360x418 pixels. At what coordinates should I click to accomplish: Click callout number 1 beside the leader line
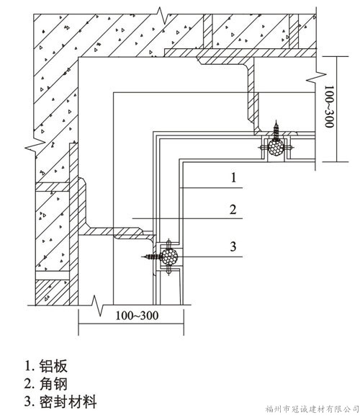233,177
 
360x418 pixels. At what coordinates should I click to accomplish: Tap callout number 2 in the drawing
233,210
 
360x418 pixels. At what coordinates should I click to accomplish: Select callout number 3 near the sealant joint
233,246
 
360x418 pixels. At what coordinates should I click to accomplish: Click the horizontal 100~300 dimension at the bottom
137,316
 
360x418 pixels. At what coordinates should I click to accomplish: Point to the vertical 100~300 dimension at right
329,107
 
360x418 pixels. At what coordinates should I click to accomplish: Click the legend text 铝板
53,366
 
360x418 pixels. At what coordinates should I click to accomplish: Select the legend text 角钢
53,384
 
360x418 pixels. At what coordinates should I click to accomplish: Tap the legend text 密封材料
68,401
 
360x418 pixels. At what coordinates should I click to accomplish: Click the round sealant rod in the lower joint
169,257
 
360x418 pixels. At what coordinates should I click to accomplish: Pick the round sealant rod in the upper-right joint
276,148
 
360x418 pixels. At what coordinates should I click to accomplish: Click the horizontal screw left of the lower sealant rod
152,257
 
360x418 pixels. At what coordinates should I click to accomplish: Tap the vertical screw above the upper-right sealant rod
276,130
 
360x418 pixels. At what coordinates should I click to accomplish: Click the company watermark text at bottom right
312,409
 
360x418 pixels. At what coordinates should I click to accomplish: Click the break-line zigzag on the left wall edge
35,146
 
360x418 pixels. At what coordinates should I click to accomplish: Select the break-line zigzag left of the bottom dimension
97,306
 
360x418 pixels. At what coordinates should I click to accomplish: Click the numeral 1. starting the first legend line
30,366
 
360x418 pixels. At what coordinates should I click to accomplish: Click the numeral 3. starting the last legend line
30,401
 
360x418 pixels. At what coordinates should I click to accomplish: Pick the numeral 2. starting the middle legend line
30,384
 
